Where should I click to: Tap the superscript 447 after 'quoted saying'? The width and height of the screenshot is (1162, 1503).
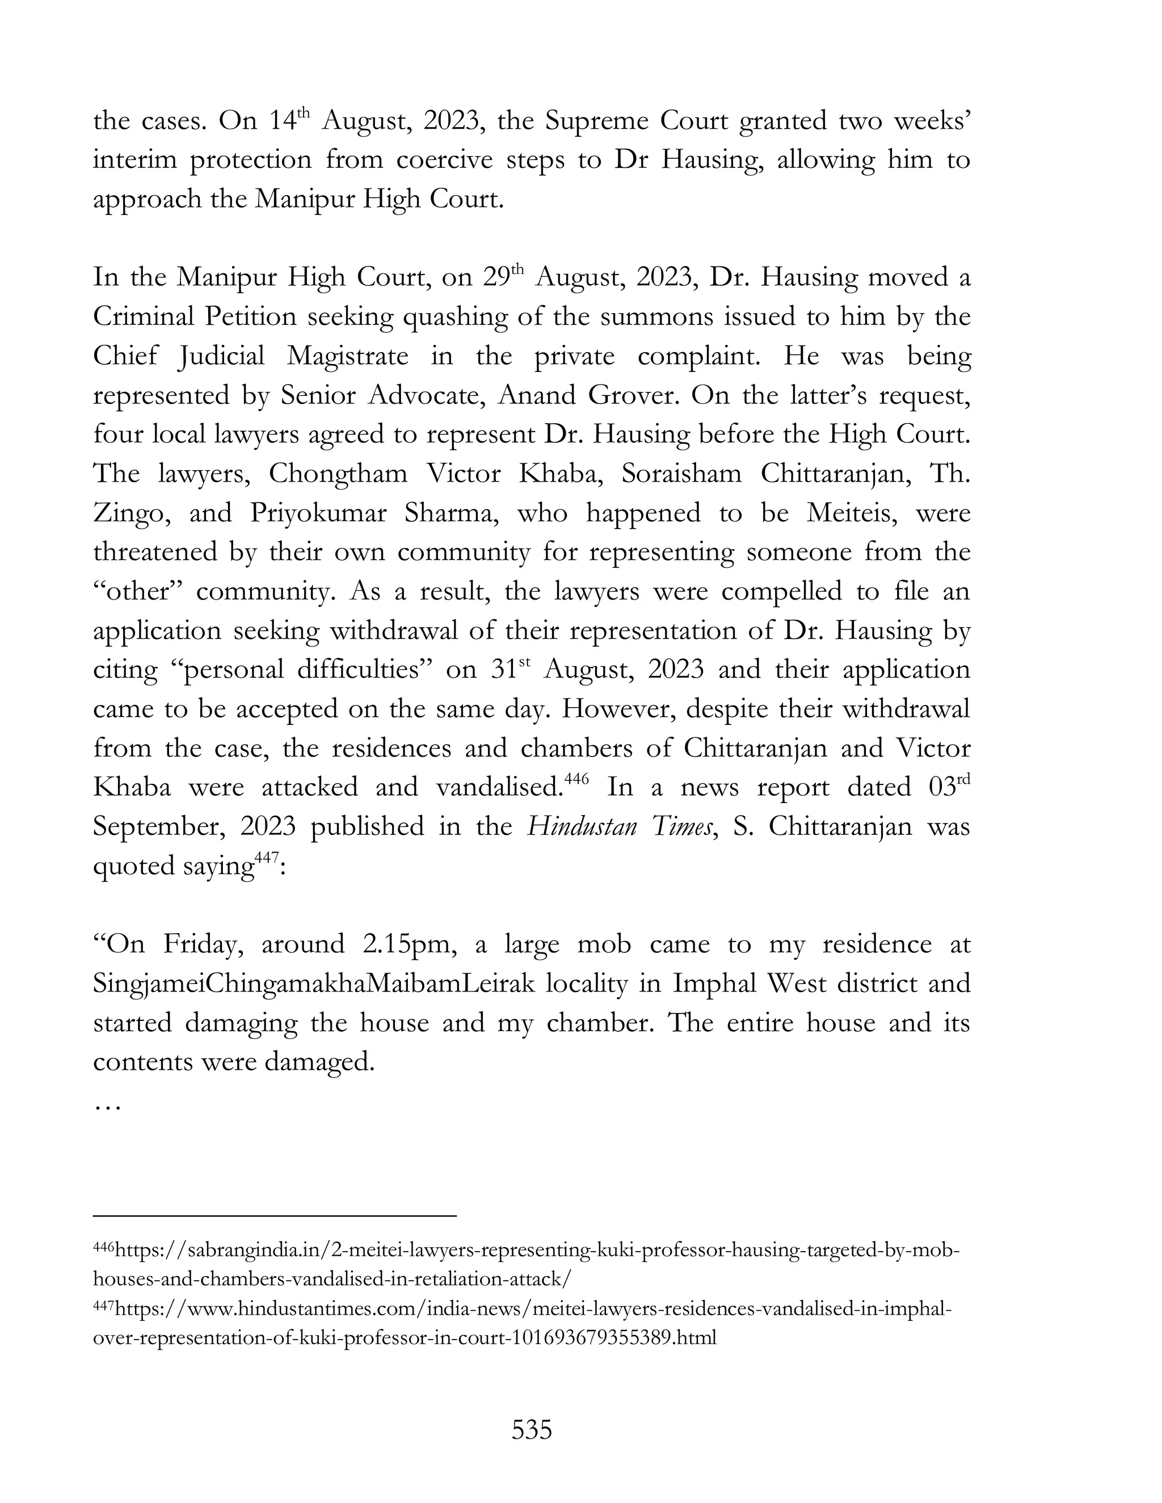267,858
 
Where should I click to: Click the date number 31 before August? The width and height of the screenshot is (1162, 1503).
503,670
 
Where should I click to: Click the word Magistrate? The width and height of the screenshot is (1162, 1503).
348,356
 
